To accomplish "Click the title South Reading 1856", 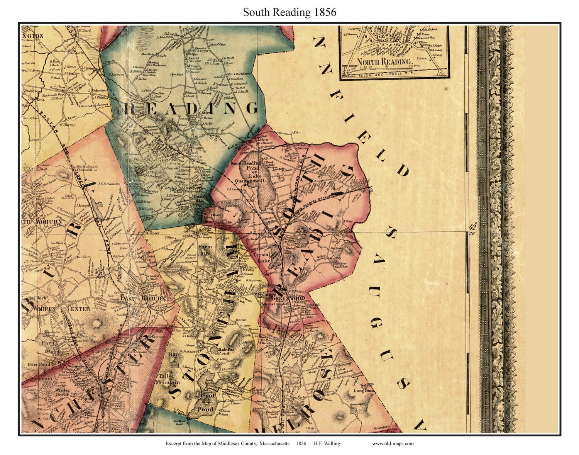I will pyautogui.click(x=289, y=12).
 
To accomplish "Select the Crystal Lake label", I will pyautogui.click(x=262, y=258).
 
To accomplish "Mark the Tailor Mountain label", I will pyautogui.click(x=166, y=379).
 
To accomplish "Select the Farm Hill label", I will pyautogui.click(x=203, y=249).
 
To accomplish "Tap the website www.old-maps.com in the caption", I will pyautogui.click(x=393, y=443).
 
